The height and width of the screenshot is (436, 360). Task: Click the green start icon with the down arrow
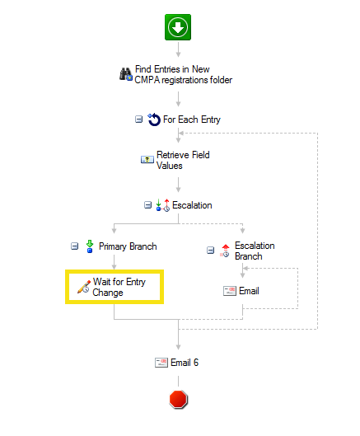point(178,27)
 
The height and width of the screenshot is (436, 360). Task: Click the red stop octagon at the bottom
point(179,399)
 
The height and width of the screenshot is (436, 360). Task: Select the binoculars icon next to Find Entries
point(126,74)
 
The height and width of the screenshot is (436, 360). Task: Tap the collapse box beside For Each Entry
point(138,120)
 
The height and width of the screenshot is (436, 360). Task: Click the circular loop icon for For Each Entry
point(154,120)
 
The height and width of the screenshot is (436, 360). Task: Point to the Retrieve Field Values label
point(183,160)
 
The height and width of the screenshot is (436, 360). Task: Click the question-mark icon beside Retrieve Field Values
point(147,160)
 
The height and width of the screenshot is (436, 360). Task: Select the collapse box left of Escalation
point(148,205)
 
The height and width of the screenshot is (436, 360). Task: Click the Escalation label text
point(192,205)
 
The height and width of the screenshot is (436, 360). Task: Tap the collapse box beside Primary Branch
point(74,246)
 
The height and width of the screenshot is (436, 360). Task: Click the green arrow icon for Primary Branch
point(90,246)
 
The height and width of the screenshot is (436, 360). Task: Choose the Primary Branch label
point(128,246)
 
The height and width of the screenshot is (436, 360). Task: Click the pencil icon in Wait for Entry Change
point(84,287)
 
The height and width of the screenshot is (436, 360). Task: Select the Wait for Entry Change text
point(119,287)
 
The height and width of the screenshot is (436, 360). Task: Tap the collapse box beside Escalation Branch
point(210,251)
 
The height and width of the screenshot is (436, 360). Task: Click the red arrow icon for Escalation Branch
point(225,251)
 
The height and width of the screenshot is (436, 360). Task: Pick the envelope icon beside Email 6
point(161,363)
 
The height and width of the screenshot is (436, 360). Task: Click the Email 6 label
point(185,363)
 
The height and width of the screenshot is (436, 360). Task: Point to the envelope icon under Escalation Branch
point(230,291)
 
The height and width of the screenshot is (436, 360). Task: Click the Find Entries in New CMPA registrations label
point(184,74)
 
